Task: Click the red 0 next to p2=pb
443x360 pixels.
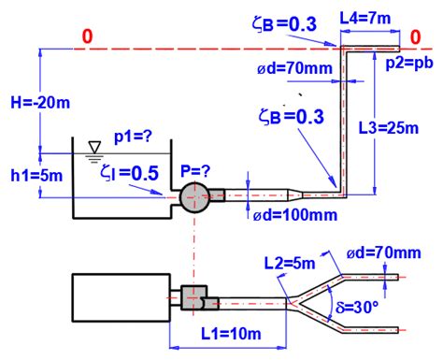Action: (425, 36)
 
